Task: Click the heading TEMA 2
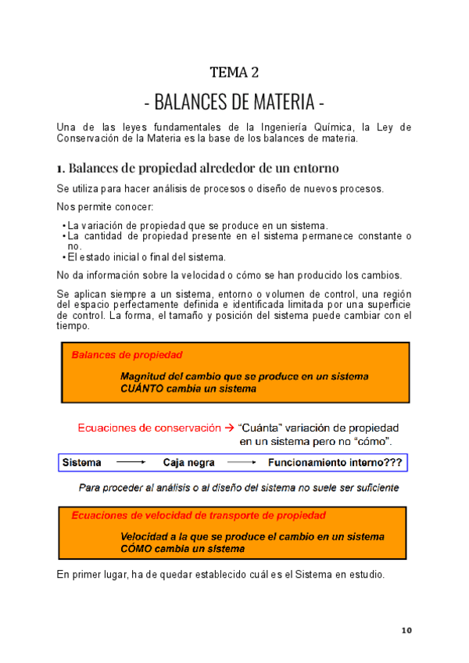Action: click(234, 73)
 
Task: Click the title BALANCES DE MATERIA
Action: click(234, 102)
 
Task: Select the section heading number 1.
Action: click(60, 168)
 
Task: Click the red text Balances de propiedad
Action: click(127, 355)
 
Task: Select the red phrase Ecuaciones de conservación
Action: click(149, 428)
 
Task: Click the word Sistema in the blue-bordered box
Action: click(81, 463)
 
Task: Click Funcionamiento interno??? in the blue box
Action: click(335, 463)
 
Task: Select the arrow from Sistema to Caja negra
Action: click(131, 463)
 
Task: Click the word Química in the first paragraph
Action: click(327, 127)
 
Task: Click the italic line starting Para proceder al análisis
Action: click(239, 487)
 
